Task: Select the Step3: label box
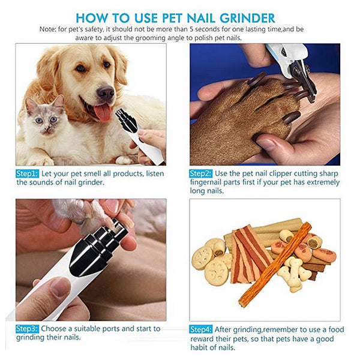(27, 329)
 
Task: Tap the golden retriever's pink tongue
(103, 112)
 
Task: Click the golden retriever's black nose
(106, 92)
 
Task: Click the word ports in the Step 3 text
(113, 329)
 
